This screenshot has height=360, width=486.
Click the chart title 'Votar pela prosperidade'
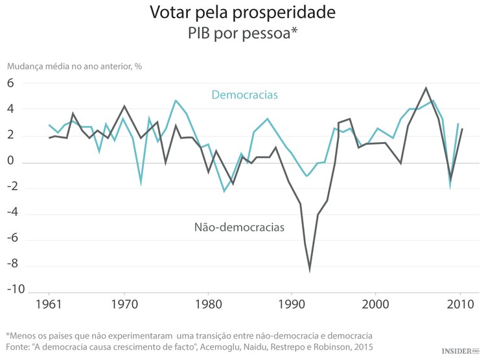tap(242, 12)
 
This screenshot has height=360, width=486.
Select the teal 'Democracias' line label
tap(244, 95)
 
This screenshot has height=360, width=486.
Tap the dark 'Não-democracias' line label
tap(239, 228)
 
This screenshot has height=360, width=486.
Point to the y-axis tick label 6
tap(11, 83)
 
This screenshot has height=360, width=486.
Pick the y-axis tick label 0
tap(11, 162)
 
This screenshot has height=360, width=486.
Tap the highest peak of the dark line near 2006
tap(426, 88)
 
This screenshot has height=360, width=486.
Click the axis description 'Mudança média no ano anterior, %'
tap(74, 66)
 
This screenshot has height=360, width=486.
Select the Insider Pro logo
tap(462, 351)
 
